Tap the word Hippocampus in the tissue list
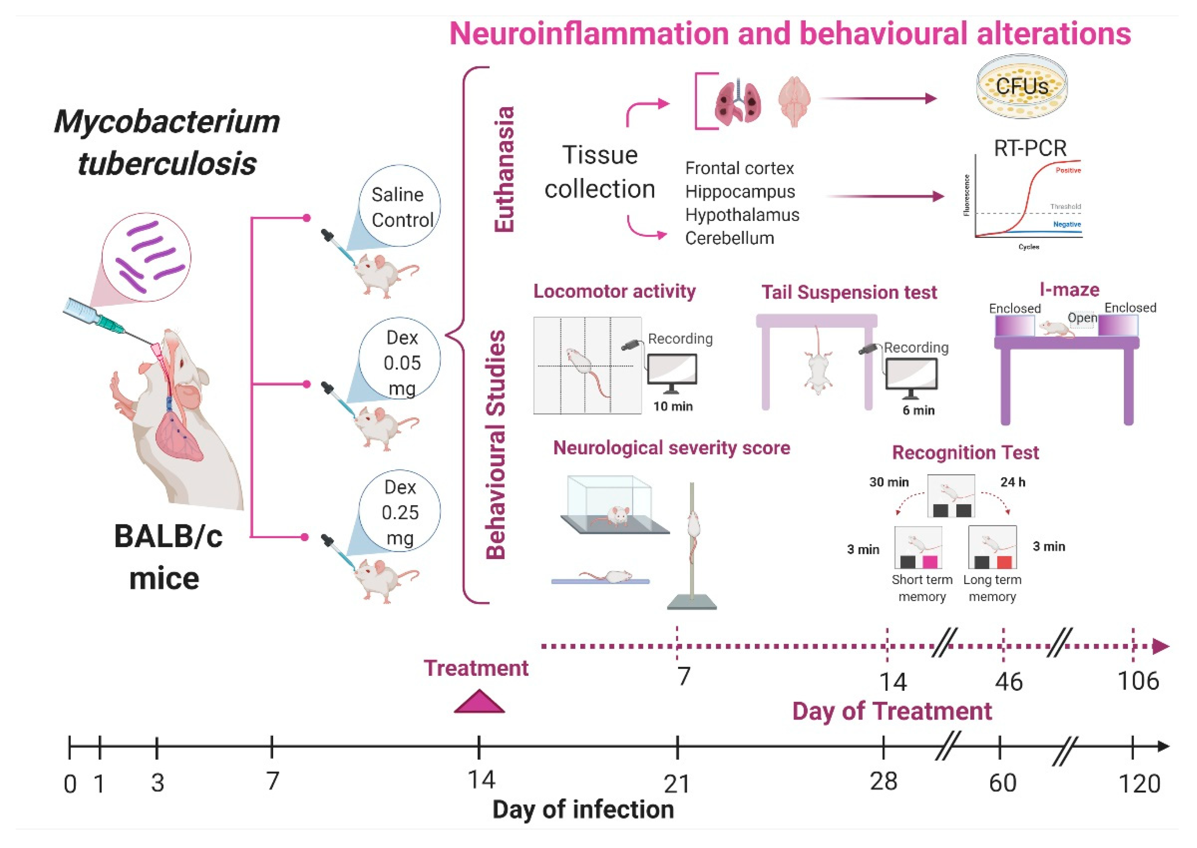739,192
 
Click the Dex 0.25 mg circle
400,512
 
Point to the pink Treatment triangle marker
479,702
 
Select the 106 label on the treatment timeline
1138,681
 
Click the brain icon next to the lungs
794,101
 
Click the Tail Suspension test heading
849,293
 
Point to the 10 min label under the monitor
673,406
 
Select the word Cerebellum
729,238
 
